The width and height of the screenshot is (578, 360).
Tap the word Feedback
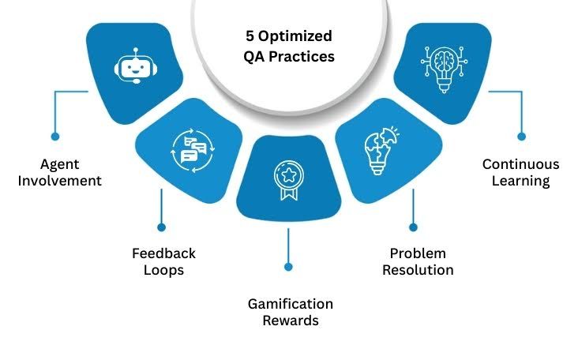coord(163,253)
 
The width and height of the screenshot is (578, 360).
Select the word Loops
coord(163,269)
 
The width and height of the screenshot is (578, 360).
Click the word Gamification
coord(290,304)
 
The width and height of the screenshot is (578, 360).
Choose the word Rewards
coord(290,321)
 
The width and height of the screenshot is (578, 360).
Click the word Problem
coord(418,253)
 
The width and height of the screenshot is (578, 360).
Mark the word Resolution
coord(418,269)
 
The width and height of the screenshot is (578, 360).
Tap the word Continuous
coord(520,164)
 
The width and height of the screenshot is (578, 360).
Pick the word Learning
coord(520,180)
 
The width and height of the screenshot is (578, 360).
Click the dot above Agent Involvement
coord(54,135)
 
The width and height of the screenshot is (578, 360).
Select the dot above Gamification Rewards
coord(287,269)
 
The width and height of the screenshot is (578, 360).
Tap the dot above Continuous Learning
coord(521,136)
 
